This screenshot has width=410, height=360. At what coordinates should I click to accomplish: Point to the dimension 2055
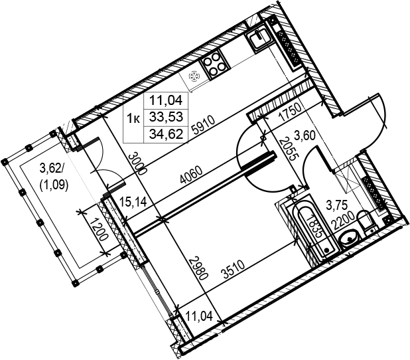[287, 149]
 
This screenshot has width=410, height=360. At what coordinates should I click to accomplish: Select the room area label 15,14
[133, 203]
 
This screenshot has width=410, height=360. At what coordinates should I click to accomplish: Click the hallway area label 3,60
[305, 135]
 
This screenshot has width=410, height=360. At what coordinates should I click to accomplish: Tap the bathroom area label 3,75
[336, 205]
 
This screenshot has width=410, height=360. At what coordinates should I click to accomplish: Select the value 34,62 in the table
[166, 134]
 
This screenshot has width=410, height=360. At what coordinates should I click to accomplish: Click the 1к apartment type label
[133, 118]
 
